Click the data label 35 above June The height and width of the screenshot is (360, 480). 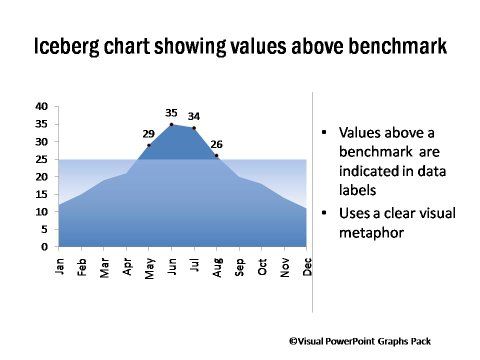171,113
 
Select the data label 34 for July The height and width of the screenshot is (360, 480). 194,116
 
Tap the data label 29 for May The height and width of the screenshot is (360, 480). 148,133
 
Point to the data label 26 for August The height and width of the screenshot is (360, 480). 216,144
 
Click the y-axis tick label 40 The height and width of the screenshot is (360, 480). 41,106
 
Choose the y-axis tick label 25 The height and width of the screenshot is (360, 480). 41,159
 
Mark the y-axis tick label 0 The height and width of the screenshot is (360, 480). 44,246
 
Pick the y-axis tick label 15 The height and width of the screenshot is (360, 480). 41,194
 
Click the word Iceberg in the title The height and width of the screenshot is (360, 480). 67,47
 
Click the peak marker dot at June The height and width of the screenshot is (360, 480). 171,124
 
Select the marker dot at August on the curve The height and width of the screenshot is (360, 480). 216,155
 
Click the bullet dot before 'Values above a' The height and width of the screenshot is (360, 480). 325,133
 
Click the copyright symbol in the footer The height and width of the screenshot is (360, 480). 293,340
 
